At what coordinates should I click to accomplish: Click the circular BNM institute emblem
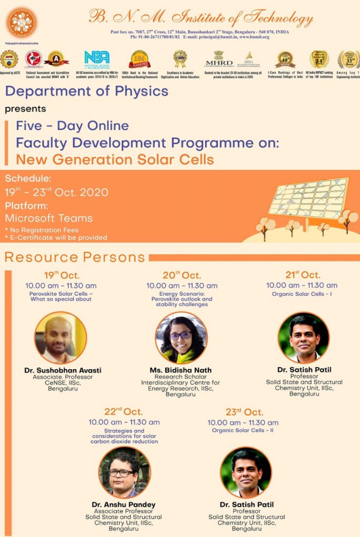[x=22, y=22]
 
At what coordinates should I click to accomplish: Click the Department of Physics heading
[x=87, y=91]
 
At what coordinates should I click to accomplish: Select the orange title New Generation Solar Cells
[x=114, y=159]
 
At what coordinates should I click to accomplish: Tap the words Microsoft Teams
[x=49, y=218]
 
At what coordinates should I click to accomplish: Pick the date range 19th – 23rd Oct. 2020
[x=57, y=192]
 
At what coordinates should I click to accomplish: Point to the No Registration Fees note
[x=41, y=230]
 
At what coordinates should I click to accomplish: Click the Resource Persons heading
[x=75, y=257]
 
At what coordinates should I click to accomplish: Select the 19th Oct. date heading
[x=61, y=275]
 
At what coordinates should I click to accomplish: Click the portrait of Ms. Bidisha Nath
[x=181, y=338]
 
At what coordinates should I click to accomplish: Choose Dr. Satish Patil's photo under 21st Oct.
[x=304, y=338]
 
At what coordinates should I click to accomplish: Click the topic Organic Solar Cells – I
[x=302, y=294]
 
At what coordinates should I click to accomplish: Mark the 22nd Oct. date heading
[x=123, y=412]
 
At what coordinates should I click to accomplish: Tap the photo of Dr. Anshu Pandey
[x=124, y=472]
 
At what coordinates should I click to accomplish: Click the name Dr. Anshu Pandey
[x=124, y=505]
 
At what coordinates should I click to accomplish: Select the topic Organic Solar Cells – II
[x=242, y=431]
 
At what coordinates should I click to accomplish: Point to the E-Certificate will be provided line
[x=56, y=238]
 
